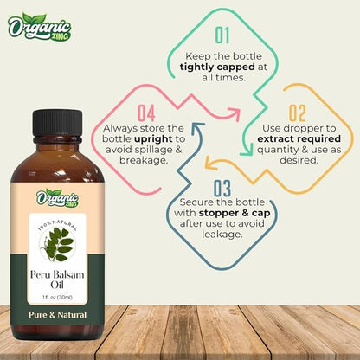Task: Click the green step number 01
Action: pos(222,35)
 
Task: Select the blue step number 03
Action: pos(221,187)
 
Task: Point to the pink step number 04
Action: pos(146,112)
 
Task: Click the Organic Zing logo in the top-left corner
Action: pos(39,27)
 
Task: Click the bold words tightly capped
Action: pos(222,67)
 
